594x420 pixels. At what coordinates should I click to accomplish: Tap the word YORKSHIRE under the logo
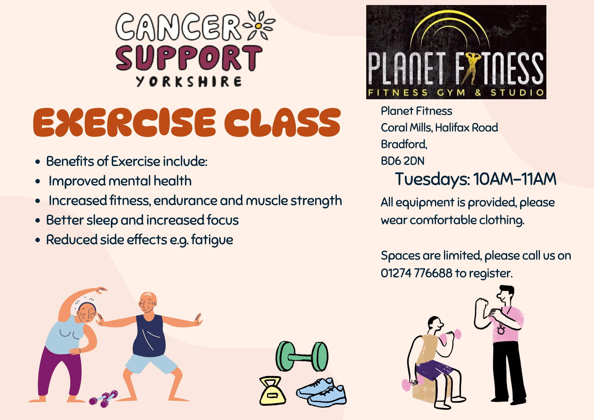coord(189,82)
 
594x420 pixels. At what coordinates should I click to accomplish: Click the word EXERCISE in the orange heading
coord(124,122)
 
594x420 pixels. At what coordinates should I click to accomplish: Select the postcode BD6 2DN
coord(402,161)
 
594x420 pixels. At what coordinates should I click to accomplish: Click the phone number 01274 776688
coord(416,273)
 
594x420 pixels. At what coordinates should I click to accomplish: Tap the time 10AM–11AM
coord(515,179)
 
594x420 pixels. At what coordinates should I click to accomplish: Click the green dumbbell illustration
coord(302,356)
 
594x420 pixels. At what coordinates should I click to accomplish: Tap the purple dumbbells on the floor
coord(103,398)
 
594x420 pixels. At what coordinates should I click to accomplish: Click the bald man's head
coord(148,302)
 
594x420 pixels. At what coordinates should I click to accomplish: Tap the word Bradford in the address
coord(403,144)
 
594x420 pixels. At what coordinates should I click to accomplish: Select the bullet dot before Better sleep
coord(38,220)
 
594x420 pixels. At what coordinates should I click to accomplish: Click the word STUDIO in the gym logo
coord(517,92)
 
